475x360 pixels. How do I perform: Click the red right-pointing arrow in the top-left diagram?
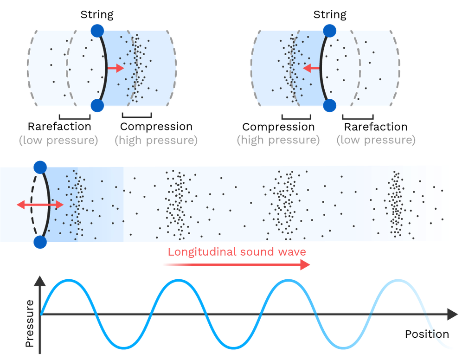coord(116,68)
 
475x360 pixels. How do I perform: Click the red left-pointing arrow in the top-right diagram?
coord(311,68)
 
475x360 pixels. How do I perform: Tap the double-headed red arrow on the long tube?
coord(40,205)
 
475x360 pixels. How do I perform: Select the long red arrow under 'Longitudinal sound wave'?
coord(236,265)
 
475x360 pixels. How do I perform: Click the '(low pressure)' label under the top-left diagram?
coord(58,140)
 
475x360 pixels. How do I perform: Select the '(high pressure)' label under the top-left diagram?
coord(156,140)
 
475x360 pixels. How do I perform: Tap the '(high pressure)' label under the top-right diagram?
coord(278,140)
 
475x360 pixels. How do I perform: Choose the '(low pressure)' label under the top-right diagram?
coord(376,140)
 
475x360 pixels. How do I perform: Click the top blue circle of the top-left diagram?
coord(98,31)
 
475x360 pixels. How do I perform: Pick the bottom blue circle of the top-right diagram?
coord(329,106)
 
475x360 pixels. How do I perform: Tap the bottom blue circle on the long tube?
coord(40,242)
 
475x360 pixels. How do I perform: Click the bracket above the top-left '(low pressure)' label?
coord(74,117)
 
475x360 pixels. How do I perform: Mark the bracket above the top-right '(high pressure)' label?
coord(296,117)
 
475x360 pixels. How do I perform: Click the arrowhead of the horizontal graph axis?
coord(452,315)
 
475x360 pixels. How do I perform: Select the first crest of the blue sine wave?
coord(68,280)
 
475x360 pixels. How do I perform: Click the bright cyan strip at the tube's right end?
coord(445,203)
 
